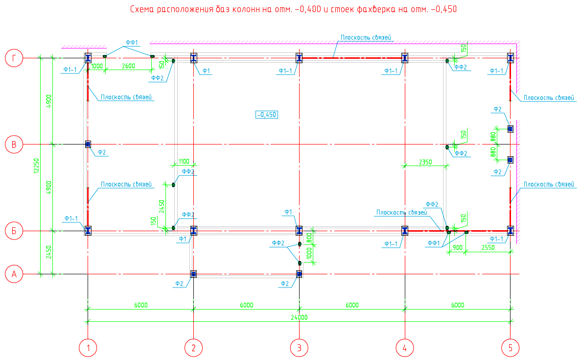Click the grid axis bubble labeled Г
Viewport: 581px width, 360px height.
[x=14, y=58]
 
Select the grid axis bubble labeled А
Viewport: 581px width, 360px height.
[x=14, y=274]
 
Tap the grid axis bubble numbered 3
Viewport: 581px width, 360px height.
[x=299, y=348]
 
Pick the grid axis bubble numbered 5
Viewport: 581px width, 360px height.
[x=510, y=348]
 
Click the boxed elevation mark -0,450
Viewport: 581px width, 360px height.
[x=267, y=115]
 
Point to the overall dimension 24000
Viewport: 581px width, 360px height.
[x=299, y=317]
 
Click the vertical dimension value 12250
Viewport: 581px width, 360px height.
[x=36, y=166]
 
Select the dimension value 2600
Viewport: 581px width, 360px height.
[x=129, y=66]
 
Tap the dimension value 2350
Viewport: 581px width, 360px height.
[x=426, y=162]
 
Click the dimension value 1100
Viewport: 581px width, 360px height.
[x=184, y=161]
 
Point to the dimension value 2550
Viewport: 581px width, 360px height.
[x=488, y=248]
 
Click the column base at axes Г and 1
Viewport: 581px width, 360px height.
[x=88, y=58]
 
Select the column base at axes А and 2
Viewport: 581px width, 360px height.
[x=193, y=274]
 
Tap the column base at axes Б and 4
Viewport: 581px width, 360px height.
[x=405, y=231]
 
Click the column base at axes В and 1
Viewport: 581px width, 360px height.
[x=88, y=144]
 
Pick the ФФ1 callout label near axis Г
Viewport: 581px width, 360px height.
[x=132, y=43]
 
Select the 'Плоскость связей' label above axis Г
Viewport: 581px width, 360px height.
[x=366, y=37]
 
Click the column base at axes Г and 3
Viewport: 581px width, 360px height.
[x=299, y=58]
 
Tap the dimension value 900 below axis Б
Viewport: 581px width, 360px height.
[x=458, y=248]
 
